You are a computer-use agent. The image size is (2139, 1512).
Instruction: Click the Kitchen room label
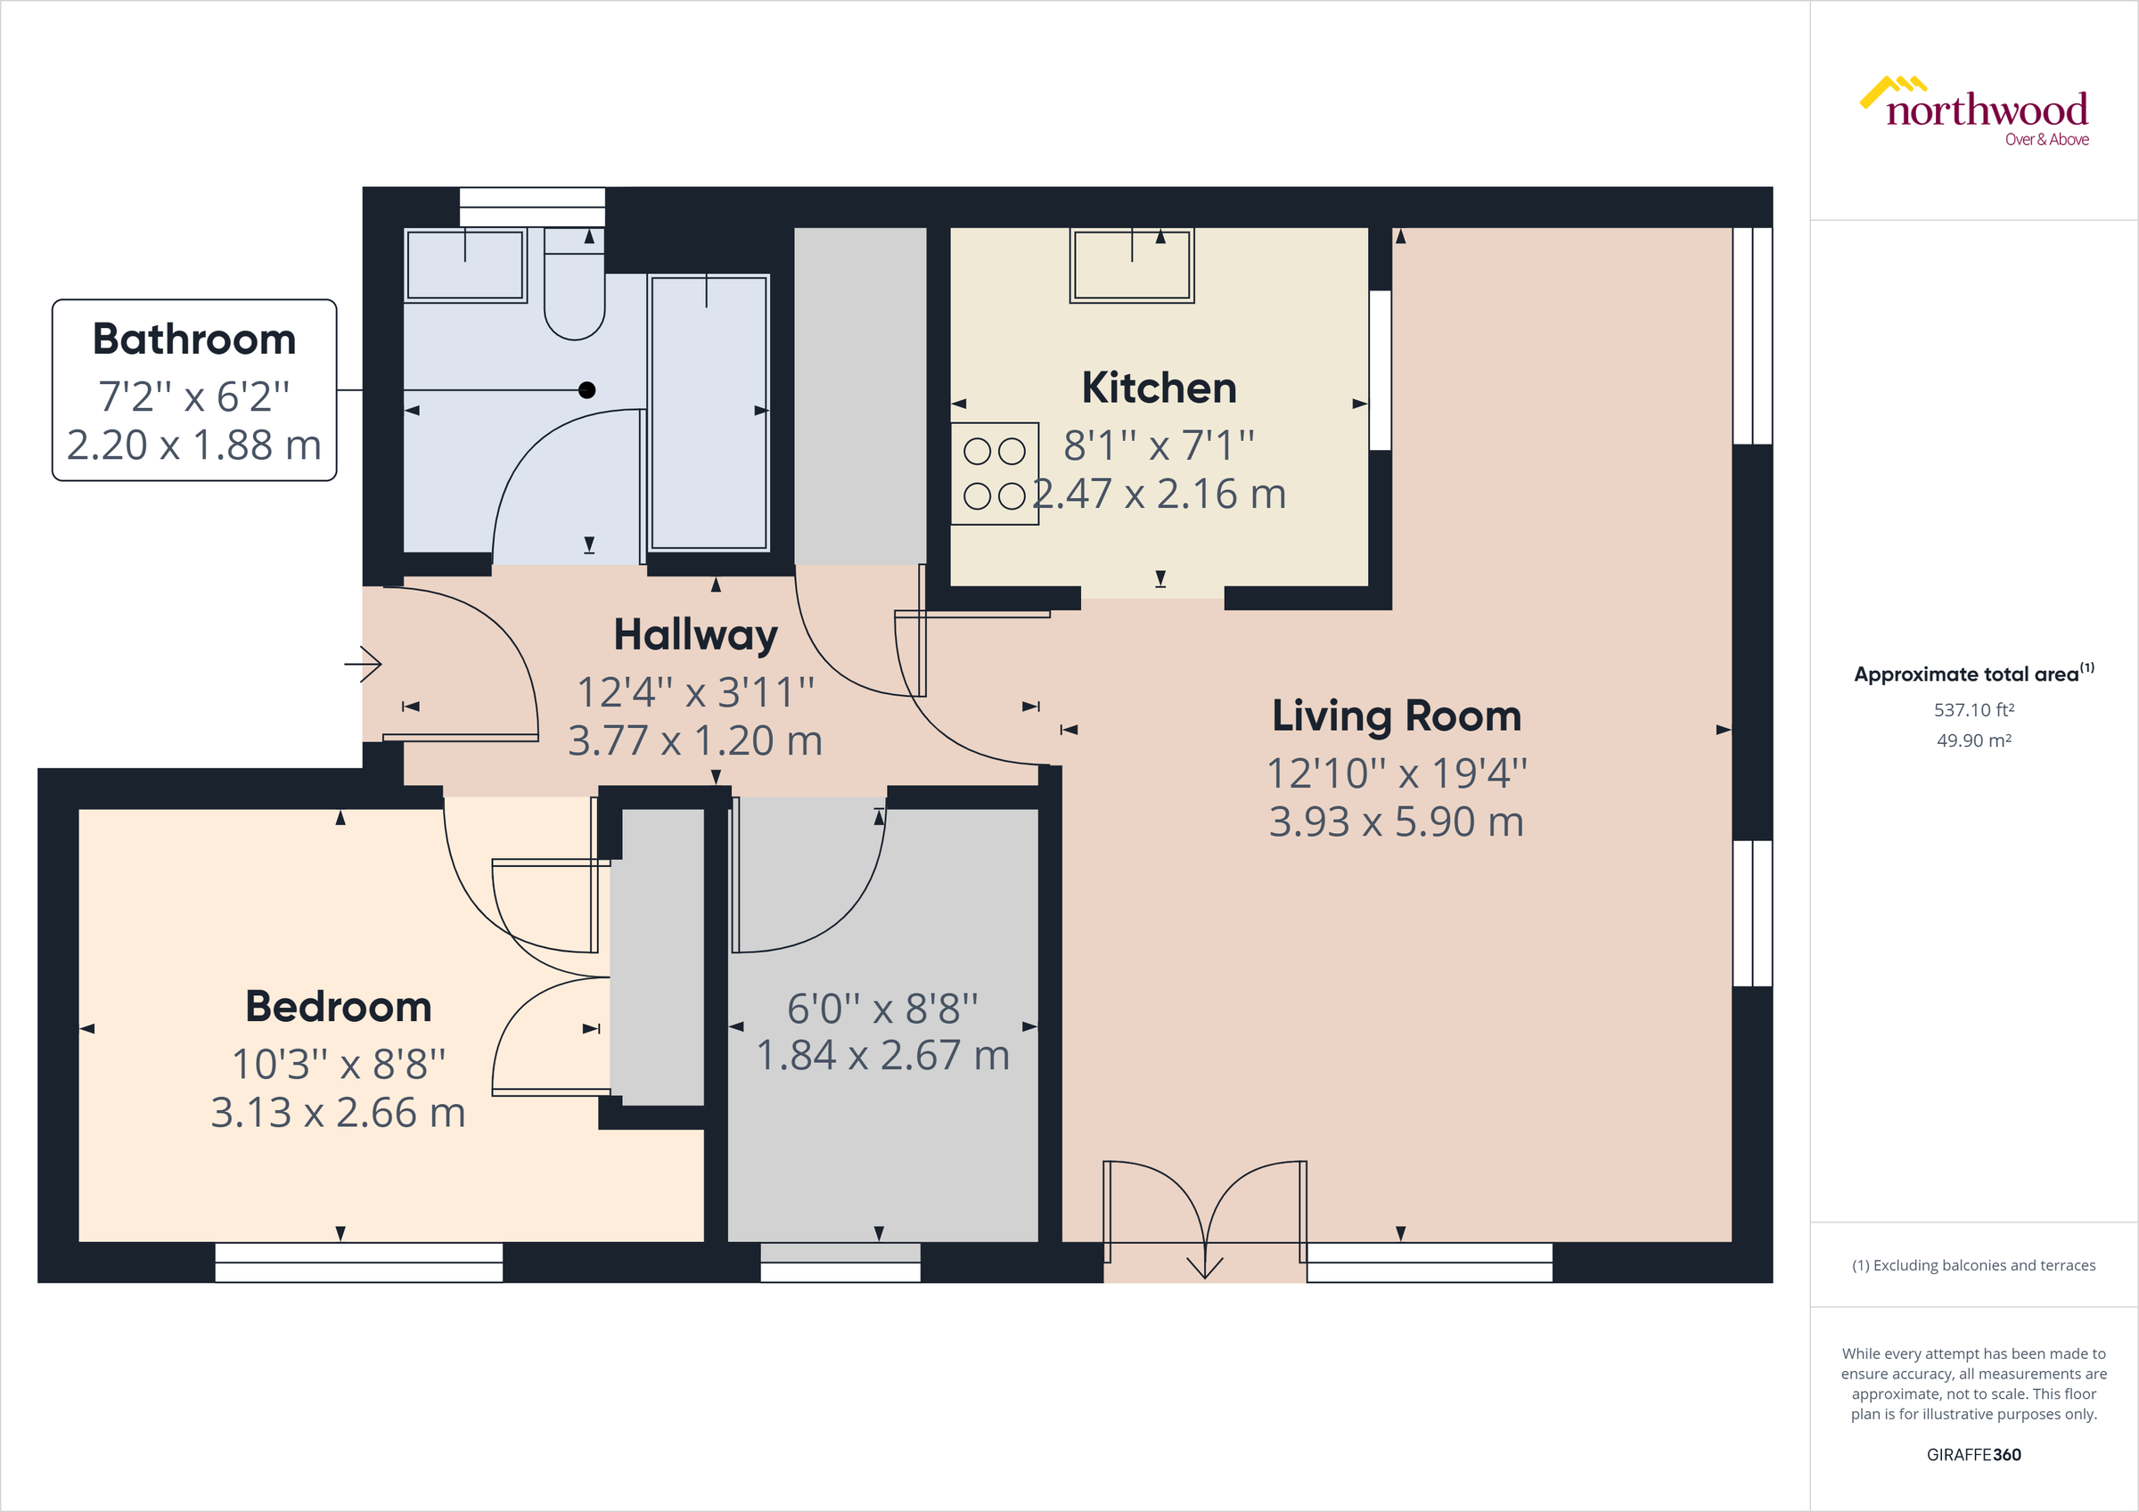[1158, 388]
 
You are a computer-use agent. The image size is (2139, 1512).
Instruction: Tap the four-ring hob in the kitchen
[994, 473]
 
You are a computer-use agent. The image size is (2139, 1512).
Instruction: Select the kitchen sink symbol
[1131, 266]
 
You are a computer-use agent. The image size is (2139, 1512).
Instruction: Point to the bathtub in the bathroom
[708, 412]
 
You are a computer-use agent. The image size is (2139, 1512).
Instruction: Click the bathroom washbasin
[465, 266]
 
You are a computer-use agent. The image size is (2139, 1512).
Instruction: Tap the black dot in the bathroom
[587, 390]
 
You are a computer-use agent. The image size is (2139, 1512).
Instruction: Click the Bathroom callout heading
[193, 339]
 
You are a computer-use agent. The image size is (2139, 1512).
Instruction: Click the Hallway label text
[695, 635]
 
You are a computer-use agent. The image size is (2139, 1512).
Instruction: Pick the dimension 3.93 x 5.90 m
[1396, 821]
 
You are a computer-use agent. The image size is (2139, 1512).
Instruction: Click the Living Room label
[1396, 715]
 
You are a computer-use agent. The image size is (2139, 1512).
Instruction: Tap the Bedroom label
[338, 1006]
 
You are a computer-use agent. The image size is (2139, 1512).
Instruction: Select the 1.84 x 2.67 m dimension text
[882, 1056]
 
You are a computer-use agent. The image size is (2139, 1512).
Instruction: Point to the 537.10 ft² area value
[1973, 710]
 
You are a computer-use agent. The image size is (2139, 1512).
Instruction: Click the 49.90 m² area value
[1973, 740]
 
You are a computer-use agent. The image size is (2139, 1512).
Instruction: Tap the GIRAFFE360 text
[1973, 1454]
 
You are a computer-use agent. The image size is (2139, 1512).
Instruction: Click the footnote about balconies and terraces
[1973, 1265]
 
